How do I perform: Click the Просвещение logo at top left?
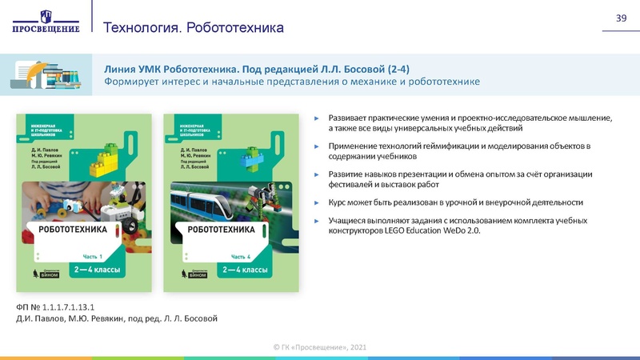pyautogui.click(x=46, y=21)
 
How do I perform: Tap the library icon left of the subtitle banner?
pyautogui.click(x=46, y=74)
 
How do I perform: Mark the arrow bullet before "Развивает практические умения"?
pyautogui.click(x=317, y=118)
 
